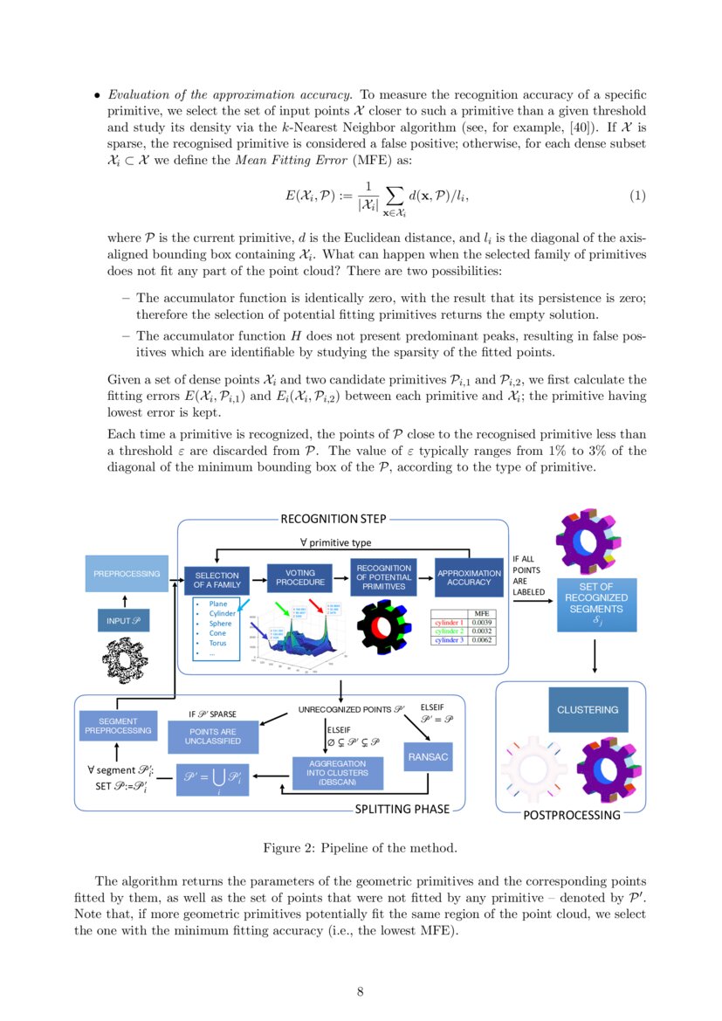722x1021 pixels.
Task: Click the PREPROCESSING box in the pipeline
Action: tap(127, 574)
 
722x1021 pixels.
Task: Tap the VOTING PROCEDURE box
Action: tap(299, 577)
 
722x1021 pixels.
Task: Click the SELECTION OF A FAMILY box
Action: tap(217, 581)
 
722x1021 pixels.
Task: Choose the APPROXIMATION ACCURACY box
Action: tap(470, 577)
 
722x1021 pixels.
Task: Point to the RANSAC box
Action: tap(428, 757)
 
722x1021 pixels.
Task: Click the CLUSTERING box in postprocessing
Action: tap(588, 710)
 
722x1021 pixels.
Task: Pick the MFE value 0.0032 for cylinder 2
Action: tap(481, 631)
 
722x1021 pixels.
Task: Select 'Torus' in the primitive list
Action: tap(218, 643)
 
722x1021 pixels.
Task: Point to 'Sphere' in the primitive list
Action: tap(219, 624)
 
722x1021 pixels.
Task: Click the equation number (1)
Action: tap(637, 196)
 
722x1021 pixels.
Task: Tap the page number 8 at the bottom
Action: tap(361, 990)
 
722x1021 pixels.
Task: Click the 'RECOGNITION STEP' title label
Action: tap(333, 519)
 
